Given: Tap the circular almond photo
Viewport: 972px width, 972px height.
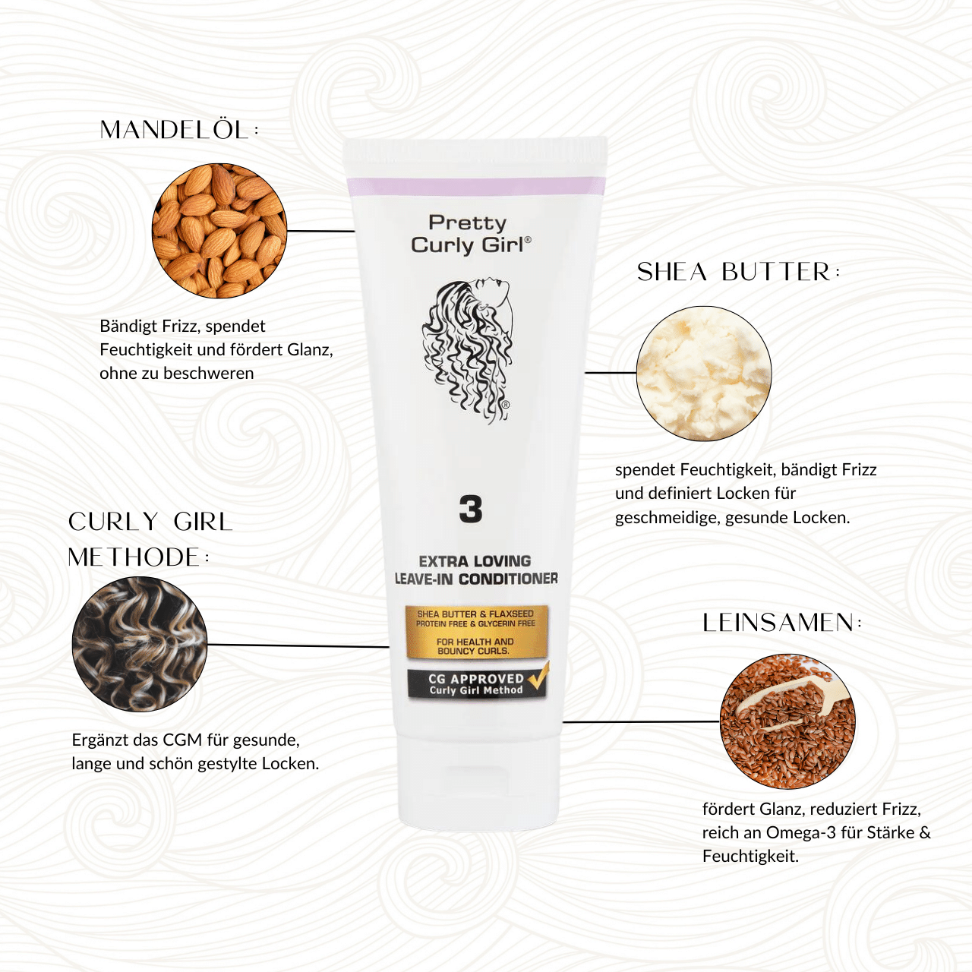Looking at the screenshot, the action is [219, 231].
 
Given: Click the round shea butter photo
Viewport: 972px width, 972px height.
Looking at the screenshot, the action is [704, 374].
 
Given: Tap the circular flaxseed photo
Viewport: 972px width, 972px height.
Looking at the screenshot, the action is [787, 721].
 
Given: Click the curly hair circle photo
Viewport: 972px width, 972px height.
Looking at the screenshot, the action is [140, 644].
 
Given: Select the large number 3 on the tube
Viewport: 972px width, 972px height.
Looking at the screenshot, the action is [471, 509].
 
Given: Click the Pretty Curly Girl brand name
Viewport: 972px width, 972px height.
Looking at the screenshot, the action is [471, 234].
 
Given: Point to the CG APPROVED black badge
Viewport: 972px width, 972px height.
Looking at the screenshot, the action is [477, 684].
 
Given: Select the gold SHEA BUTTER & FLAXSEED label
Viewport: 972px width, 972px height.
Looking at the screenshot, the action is [477, 632].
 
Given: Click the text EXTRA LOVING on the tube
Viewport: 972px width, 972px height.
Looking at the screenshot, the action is [475, 561].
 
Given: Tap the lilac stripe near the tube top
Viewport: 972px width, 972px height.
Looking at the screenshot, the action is [476, 186].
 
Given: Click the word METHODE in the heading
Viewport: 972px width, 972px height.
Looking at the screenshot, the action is [134, 557].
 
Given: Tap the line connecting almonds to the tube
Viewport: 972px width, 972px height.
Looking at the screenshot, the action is [320, 231].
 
